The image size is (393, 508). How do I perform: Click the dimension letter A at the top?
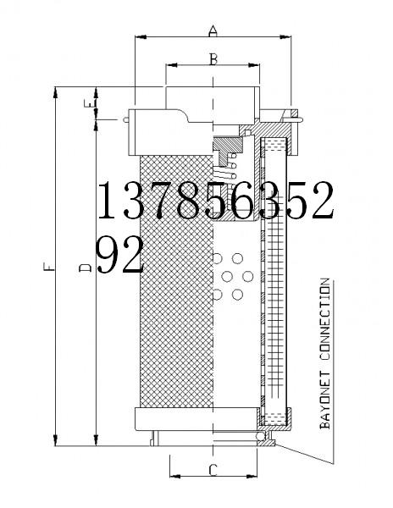(x=213, y=31)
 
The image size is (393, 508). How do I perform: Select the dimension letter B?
(x=213, y=58)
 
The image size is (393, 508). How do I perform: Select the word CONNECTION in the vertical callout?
(x=325, y=320)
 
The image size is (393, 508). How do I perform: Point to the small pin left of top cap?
(x=125, y=119)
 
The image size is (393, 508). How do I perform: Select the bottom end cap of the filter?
(x=194, y=419)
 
